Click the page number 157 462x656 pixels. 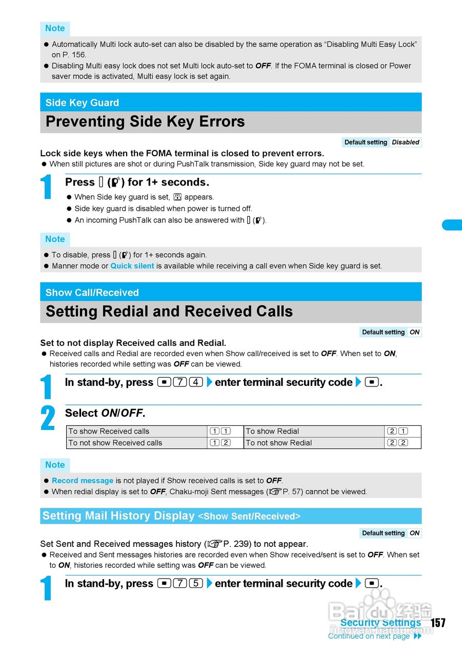(x=438, y=623)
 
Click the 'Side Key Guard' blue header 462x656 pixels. (x=82, y=102)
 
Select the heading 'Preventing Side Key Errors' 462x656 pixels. (x=145, y=122)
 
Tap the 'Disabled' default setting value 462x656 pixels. (x=405, y=142)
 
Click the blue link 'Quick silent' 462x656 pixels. (x=132, y=266)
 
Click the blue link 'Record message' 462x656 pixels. (x=83, y=481)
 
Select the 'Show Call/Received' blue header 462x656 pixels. (x=92, y=293)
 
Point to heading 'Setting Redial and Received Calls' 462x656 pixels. (x=169, y=312)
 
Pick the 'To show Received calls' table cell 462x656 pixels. (x=109, y=432)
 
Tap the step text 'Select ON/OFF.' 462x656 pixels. (x=105, y=413)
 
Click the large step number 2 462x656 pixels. (x=48, y=418)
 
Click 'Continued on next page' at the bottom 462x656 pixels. (x=369, y=636)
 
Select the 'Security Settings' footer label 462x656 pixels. (x=380, y=623)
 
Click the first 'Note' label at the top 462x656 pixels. (x=55, y=29)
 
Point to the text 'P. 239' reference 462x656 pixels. (x=236, y=544)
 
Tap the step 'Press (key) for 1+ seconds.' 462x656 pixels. (x=137, y=182)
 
